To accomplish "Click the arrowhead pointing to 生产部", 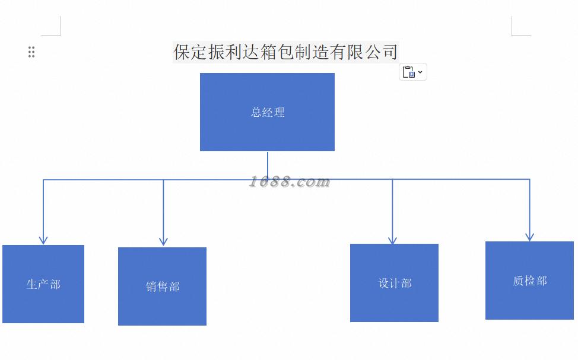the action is tap(43, 240).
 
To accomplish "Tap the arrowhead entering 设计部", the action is tap(392, 240).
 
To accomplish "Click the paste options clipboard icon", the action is tap(409, 72).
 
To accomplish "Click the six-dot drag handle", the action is tap(31, 52).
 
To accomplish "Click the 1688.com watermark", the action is tap(289, 181).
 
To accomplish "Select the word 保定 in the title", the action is tap(190, 52).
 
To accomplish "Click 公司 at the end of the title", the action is tap(381, 52).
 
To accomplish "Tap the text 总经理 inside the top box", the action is tap(268, 112).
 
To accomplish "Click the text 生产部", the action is tap(43, 284).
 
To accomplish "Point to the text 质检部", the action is tap(529, 281).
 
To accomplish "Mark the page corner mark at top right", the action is tap(517, 30).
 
